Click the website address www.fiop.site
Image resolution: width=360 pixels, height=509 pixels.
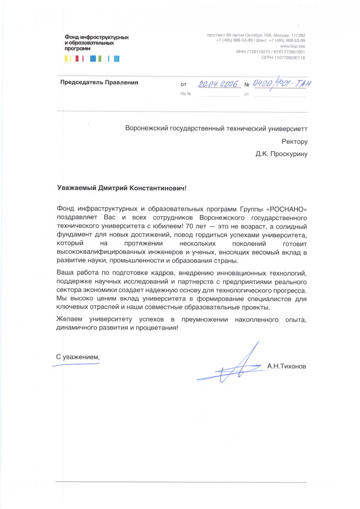point(293,46)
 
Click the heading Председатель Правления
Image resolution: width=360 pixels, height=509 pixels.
point(99,83)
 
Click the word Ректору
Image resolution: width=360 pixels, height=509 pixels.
point(294,141)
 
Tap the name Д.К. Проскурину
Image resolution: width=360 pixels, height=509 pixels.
point(281,154)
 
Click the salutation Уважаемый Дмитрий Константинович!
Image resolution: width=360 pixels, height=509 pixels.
point(122,187)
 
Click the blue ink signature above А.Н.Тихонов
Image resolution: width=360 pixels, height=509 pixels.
point(236,366)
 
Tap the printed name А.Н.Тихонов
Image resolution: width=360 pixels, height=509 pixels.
point(287,365)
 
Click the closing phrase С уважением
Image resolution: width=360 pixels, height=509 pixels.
point(77,357)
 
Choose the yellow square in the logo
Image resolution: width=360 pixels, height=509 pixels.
point(67,59)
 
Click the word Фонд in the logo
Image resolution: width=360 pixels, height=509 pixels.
point(72,37)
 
